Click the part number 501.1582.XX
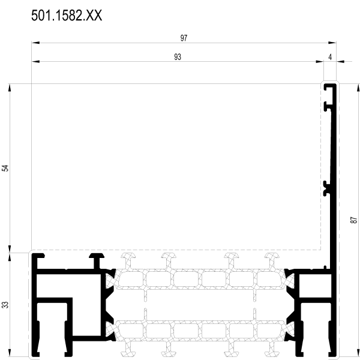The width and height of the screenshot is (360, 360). tap(67, 16)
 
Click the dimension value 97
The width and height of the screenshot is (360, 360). tap(184, 38)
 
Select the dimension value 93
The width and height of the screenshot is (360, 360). tap(178, 57)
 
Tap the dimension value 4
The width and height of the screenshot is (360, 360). tap(330, 57)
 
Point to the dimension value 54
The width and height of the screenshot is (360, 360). tap(5, 168)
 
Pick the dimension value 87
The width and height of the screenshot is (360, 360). tap(354, 220)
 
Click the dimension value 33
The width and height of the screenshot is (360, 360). tap(5, 305)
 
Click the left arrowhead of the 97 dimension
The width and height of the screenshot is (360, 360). tap(35, 43)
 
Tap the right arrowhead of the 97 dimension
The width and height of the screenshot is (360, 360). tap(332, 43)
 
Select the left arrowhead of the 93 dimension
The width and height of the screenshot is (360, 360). tap(35, 62)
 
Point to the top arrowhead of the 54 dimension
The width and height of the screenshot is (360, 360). tap(10, 88)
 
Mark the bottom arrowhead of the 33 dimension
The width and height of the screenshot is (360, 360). tap(10, 353)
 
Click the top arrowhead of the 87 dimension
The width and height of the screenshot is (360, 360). tap(358, 88)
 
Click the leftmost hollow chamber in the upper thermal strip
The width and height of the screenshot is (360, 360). tap(131, 279)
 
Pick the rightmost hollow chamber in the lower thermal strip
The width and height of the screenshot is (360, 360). tap(269, 331)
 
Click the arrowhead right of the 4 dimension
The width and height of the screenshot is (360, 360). tap(340, 62)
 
